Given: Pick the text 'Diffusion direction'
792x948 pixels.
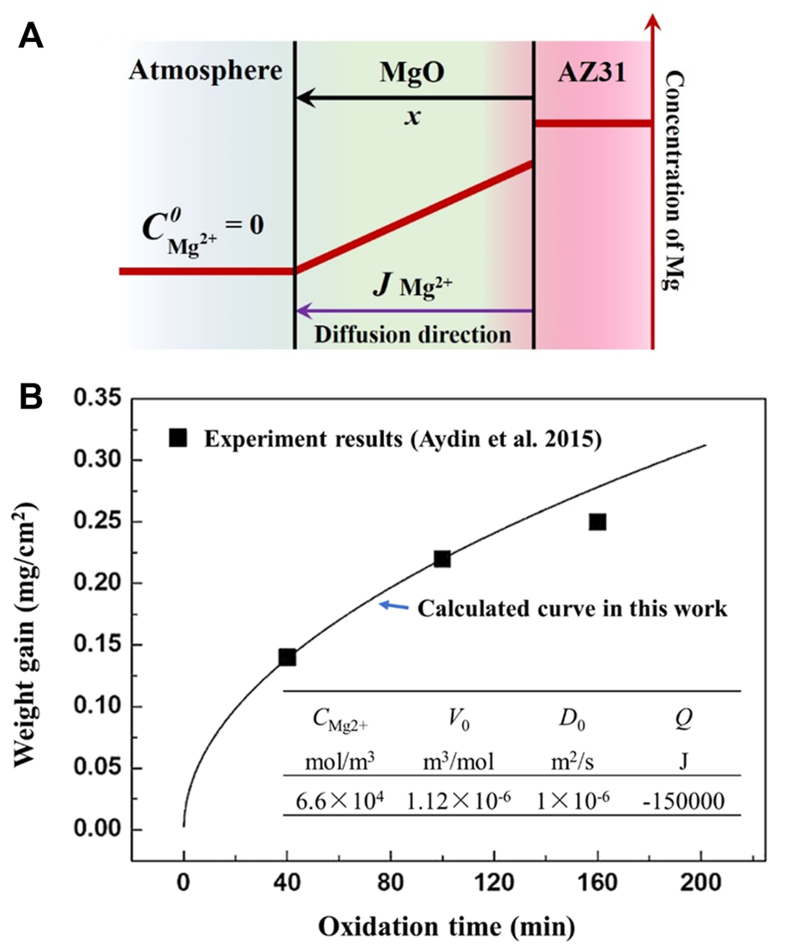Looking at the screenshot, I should click(412, 333).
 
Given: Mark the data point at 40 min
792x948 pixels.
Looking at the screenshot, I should click(287, 657).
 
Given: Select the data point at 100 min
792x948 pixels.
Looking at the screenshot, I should click(442, 559).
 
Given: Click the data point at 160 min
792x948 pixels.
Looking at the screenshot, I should click(597, 522).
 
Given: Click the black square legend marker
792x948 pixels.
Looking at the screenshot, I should click(177, 437).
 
